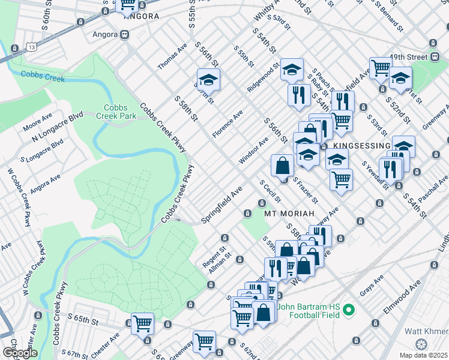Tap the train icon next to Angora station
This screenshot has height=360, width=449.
(x=124, y=35)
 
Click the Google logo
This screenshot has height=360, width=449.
(x=20, y=352)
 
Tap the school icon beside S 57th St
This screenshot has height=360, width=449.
(x=208, y=80)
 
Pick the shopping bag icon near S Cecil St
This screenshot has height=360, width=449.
(x=282, y=165)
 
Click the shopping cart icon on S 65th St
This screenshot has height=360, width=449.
(x=142, y=323)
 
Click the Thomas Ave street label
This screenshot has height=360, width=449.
(x=173, y=55)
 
